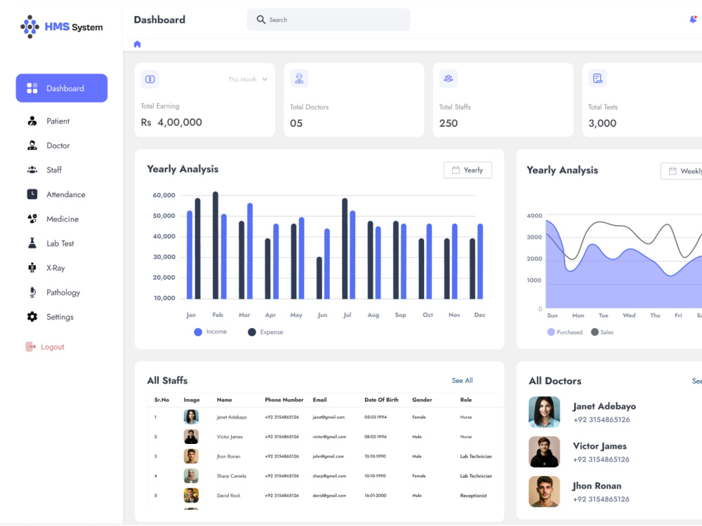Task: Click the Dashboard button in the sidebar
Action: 62,88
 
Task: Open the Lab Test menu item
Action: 60,243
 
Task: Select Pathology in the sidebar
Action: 62,292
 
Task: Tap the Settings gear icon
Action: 32,317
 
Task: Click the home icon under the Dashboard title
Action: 137,44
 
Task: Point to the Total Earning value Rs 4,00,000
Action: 171,123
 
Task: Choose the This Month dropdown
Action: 248,80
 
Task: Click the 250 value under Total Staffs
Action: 448,123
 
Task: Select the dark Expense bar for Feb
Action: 216,245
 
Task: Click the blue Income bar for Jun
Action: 327,264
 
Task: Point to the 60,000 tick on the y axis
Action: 164,196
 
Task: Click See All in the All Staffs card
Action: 462,381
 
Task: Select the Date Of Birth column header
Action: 381,400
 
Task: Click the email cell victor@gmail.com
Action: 329,436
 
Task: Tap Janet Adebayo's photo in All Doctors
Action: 544,412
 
